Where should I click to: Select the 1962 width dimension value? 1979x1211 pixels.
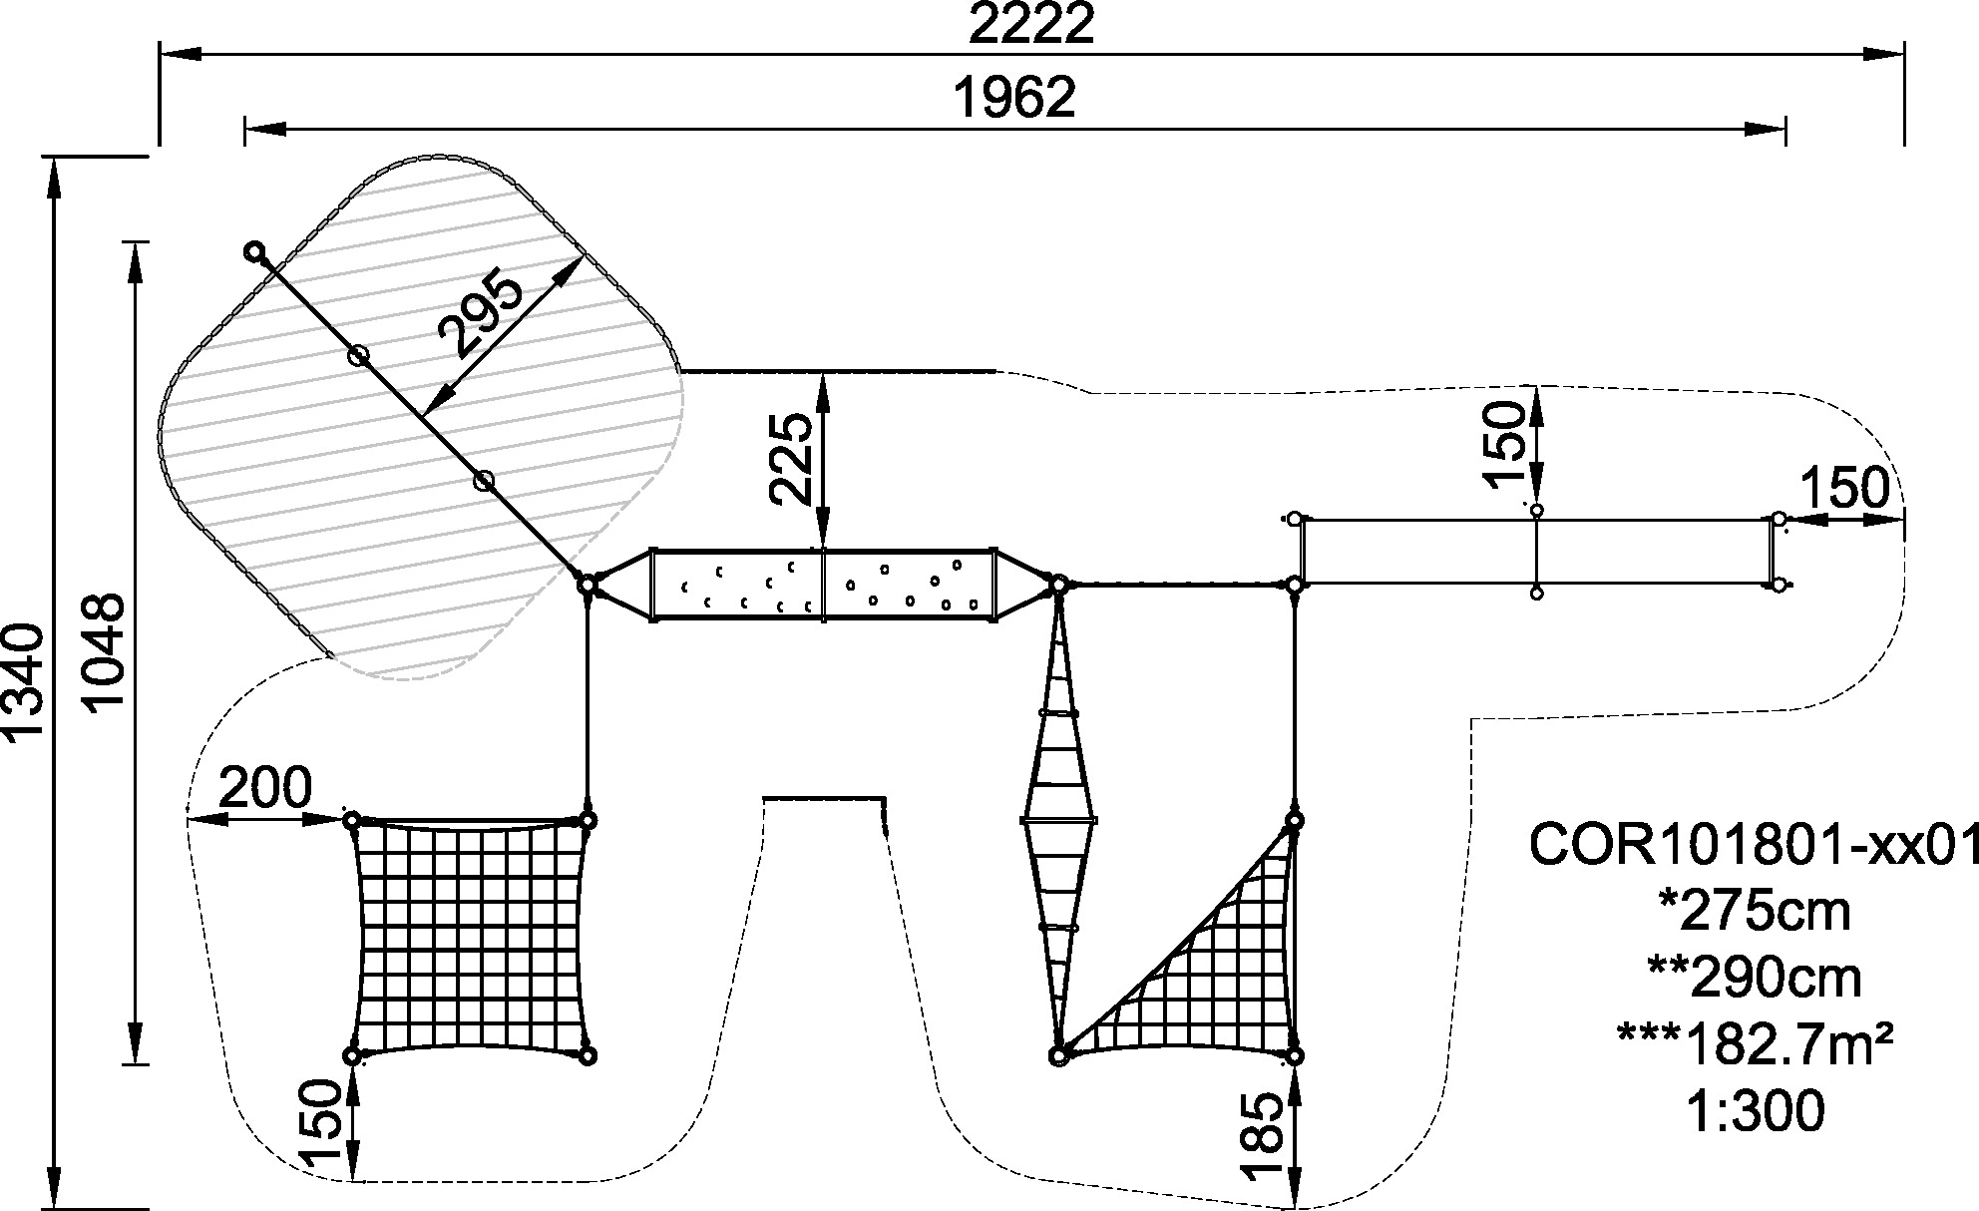[x=1015, y=98]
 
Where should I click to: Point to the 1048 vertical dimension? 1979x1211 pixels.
[x=103, y=652]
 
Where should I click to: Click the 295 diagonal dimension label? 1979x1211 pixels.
[x=482, y=314]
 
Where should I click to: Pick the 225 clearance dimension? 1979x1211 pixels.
[x=794, y=460]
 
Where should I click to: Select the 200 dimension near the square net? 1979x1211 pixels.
[x=264, y=789]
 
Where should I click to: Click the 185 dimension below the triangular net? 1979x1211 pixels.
[x=1264, y=1135]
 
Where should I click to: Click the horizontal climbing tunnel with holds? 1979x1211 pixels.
[x=823, y=585]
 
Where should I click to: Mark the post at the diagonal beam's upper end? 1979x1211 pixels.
[x=255, y=251]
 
